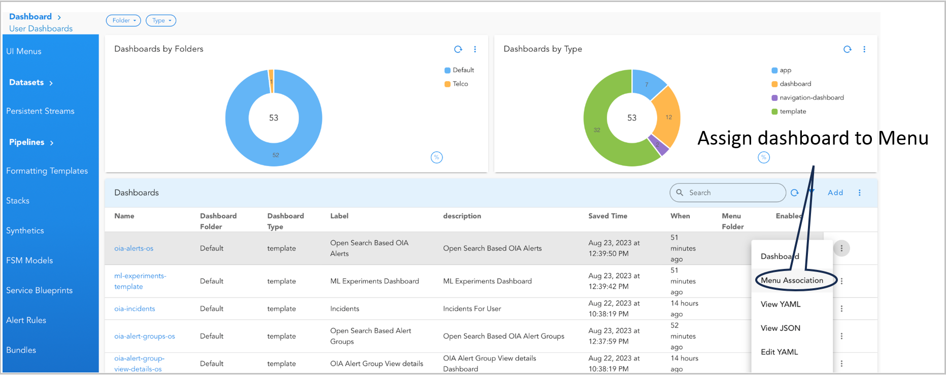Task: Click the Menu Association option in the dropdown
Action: point(792,281)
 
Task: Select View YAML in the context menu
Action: point(780,304)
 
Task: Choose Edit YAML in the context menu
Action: point(779,352)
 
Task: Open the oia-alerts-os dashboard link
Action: point(133,249)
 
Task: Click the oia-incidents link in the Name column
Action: point(134,309)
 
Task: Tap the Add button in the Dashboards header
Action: point(835,193)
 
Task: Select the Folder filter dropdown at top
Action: point(123,21)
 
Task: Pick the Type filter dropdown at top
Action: point(161,21)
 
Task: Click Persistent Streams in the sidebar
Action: point(40,111)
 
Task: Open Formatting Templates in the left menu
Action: point(47,171)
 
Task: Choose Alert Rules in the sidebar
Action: point(26,320)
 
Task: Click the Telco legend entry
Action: point(460,84)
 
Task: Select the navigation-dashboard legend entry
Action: point(811,98)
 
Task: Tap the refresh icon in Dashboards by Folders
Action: point(458,49)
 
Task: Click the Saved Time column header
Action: point(607,216)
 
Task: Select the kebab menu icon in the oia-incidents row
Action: point(841,309)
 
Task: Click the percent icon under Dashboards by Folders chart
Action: point(436,157)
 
